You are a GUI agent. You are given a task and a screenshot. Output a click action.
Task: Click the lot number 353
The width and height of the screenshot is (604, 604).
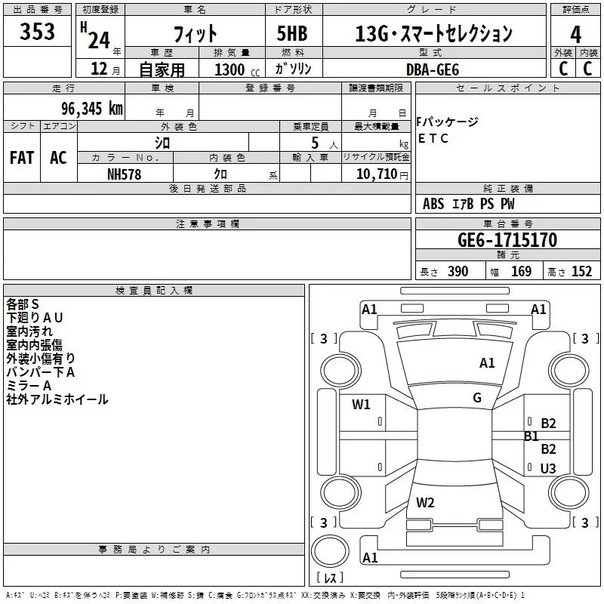tap(38, 32)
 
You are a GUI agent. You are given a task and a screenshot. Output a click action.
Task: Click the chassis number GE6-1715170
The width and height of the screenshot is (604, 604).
tap(507, 240)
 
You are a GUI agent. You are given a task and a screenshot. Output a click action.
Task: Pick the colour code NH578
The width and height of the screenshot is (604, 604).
tap(125, 174)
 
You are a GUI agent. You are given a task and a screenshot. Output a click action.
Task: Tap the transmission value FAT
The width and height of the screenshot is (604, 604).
tap(21, 158)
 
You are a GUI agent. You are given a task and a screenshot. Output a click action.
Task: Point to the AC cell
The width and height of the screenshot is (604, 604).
tap(58, 158)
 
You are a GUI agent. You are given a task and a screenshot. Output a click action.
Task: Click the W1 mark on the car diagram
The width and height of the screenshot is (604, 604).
tap(361, 405)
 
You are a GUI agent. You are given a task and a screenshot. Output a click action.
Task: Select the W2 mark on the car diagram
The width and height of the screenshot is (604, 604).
tap(425, 502)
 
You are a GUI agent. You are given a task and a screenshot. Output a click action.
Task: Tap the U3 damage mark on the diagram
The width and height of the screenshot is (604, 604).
tap(548, 469)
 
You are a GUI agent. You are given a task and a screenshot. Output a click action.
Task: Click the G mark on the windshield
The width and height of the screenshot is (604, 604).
tap(477, 398)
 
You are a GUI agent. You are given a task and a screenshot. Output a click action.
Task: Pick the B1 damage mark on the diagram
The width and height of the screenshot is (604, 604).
tap(531, 436)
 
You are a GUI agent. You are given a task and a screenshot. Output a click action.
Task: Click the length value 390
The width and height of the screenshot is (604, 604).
tap(458, 272)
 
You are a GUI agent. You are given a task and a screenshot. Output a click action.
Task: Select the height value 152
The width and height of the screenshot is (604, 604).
tap(581, 272)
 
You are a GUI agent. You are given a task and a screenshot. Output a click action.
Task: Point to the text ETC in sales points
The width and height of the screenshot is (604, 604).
tap(433, 138)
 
